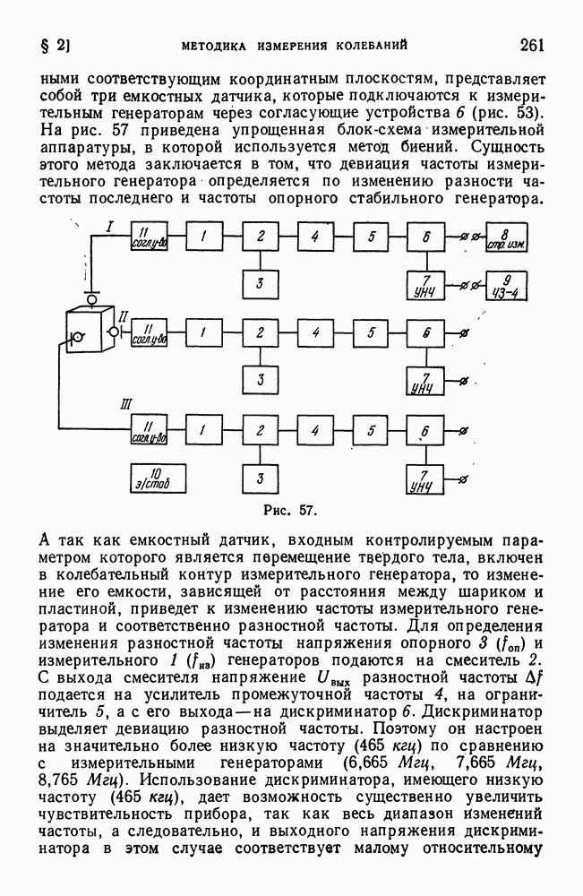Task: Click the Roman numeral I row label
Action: click(108, 229)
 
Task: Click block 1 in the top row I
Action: click(204, 237)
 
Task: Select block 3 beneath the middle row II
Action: click(261, 380)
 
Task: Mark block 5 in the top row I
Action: click(370, 237)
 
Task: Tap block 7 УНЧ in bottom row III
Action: click(425, 480)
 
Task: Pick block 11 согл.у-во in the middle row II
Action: click(150, 333)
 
